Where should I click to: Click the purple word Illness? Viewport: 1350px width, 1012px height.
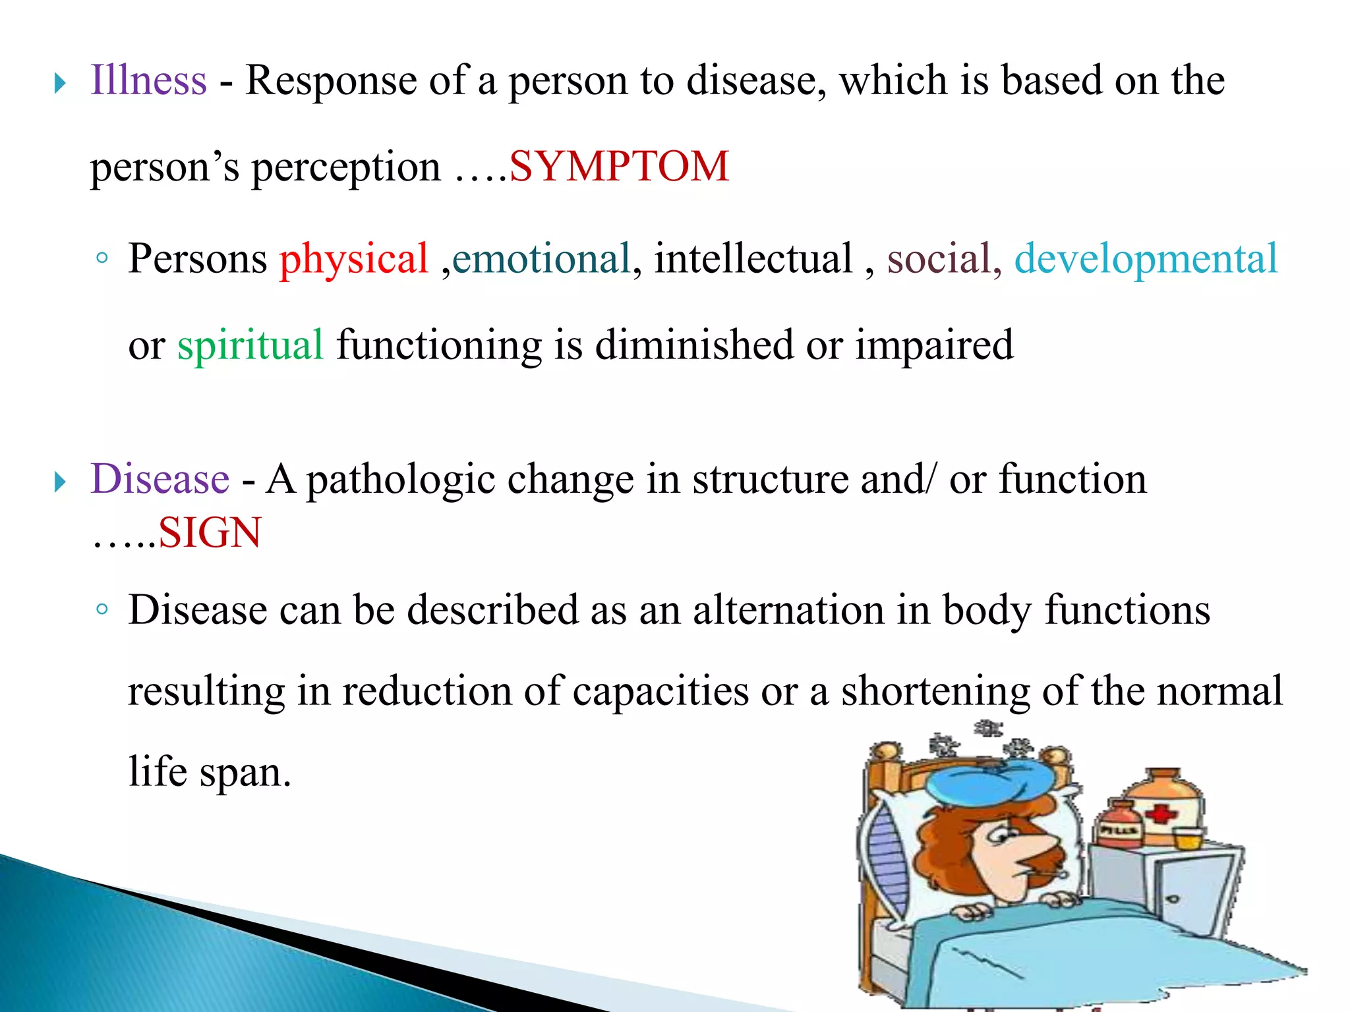(x=148, y=80)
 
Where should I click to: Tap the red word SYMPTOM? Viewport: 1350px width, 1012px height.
(x=619, y=166)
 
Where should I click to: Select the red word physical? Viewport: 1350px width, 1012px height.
(x=354, y=258)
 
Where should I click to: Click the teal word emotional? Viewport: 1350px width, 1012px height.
(x=541, y=258)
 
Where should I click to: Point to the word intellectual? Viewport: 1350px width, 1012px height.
(x=753, y=258)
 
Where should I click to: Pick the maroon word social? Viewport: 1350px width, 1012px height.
(x=939, y=258)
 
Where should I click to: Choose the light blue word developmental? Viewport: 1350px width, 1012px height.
(x=1146, y=260)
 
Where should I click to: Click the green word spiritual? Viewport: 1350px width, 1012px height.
(x=250, y=345)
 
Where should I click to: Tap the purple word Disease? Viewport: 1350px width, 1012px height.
(x=160, y=479)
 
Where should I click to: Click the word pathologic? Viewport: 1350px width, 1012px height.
(x=401, y=480)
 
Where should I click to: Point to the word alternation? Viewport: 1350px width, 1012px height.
(x=788, y=609)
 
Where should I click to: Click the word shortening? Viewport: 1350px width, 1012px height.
(x=935, y=692)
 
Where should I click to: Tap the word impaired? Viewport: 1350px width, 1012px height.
(x=934, y=345)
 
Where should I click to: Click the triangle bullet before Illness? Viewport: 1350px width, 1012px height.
(x=60, y=84)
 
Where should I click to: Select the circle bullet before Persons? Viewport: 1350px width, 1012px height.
(x=101, y=258)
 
